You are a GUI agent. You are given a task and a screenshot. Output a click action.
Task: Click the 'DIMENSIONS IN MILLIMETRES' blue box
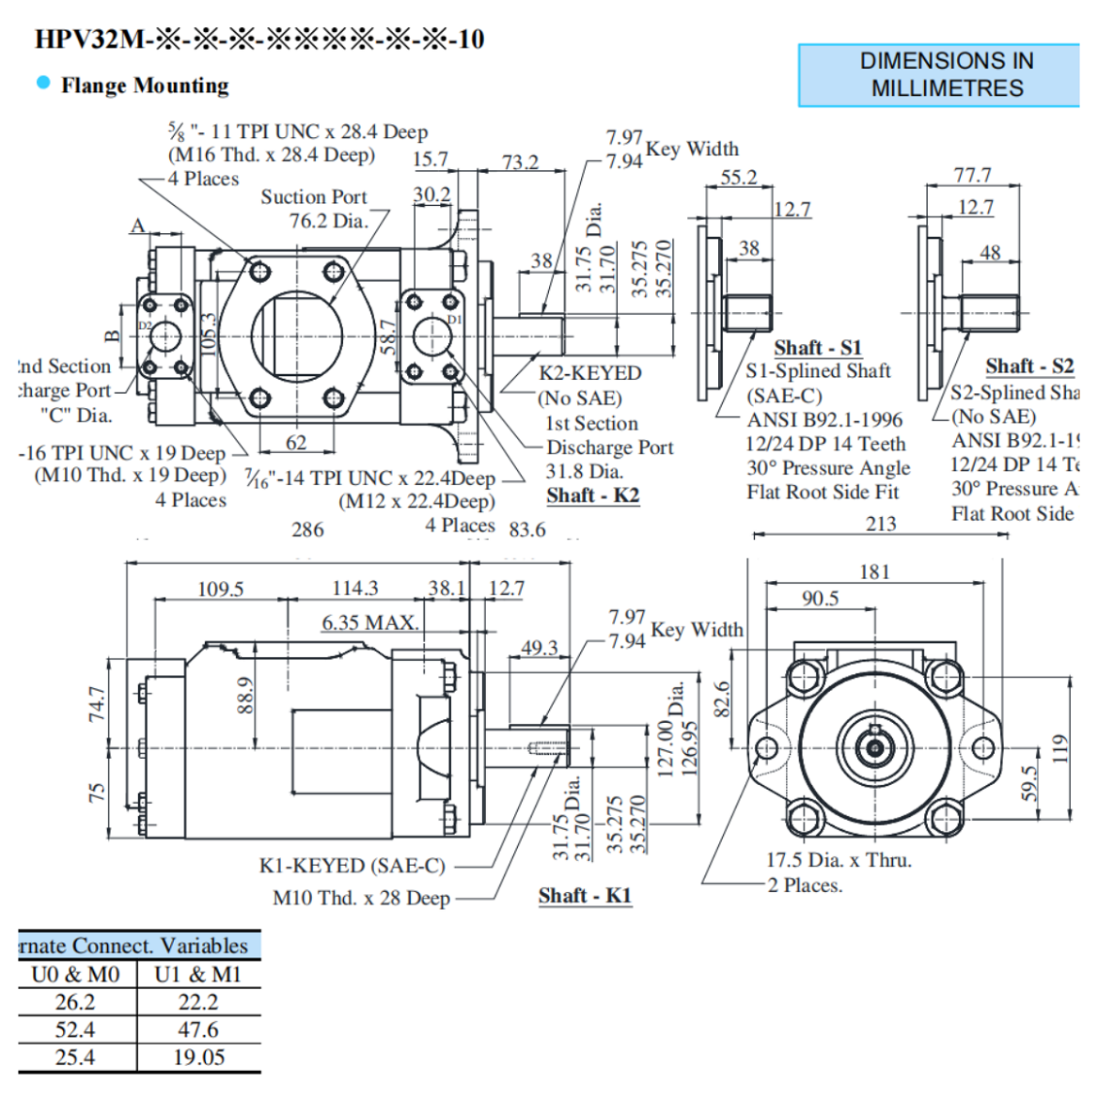940,75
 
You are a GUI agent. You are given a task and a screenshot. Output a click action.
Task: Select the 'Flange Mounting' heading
145,86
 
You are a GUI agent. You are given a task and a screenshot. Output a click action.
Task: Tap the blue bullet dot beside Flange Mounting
43,83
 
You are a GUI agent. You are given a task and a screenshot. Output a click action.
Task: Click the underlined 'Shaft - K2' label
592,495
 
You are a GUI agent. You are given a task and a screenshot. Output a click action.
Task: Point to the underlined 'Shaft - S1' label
817,348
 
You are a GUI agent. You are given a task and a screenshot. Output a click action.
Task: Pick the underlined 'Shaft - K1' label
584,896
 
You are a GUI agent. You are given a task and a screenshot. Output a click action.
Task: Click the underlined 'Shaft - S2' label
1028,367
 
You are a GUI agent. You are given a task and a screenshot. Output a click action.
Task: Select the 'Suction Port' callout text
313,197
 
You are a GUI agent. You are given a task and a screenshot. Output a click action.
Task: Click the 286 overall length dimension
307,530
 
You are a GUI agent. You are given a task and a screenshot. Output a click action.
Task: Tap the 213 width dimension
880,525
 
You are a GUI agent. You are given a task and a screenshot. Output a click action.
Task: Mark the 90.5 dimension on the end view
820,599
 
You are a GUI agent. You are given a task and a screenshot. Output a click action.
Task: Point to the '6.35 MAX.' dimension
369,622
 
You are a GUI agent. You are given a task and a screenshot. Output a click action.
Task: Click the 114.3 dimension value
354,588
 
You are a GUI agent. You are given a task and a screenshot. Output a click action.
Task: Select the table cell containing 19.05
198,1058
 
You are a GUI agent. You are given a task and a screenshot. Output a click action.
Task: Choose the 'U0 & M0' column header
75,975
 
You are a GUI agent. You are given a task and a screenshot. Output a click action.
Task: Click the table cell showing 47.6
198,1030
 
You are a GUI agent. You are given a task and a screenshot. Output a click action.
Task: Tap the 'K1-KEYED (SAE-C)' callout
352,866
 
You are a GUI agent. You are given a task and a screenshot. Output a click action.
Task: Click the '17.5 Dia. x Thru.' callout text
839,860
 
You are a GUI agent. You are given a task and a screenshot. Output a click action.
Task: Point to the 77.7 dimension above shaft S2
972,176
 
